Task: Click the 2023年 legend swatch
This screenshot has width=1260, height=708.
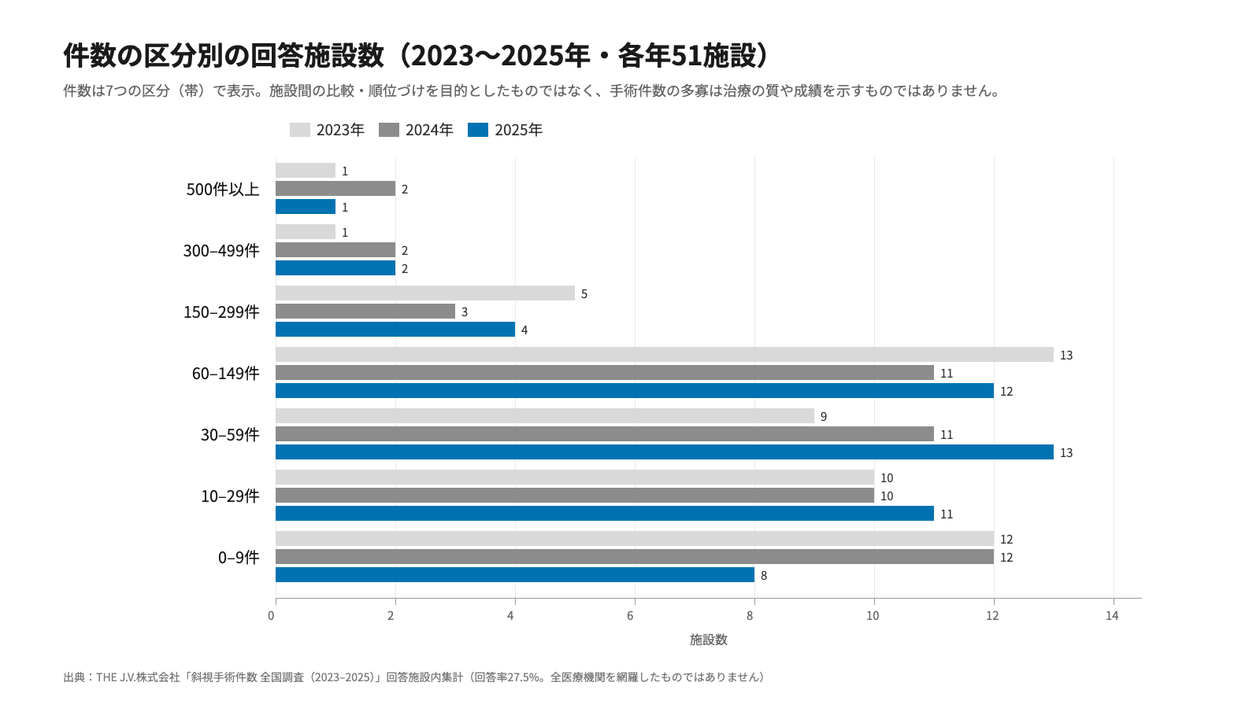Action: tap(300, 130)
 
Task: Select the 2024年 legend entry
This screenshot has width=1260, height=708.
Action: tap(416, 130)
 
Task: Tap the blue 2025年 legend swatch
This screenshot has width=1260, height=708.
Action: tap(478, 130)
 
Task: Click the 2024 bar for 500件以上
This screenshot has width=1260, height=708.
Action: tap(335, 189)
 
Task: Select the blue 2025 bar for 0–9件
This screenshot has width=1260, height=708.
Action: tap(515, 575)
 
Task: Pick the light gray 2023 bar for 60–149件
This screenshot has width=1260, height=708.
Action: tap(665, 355)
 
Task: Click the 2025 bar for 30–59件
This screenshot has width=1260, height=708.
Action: tap(665, 452)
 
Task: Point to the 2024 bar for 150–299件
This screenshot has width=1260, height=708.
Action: tap(365, 312)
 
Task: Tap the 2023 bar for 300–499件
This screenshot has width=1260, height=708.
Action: tap(306, 232)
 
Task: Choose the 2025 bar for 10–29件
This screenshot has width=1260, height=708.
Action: tap(605, 514)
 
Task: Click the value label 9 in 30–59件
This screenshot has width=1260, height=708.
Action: tap(824, 416)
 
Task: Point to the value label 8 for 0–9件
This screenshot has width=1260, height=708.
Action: tap(764, 575)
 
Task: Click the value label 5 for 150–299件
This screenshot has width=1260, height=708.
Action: tap(584, 294)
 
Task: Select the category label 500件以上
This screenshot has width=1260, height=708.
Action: tap(223, 190)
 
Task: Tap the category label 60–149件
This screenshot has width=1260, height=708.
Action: tap(225, 373)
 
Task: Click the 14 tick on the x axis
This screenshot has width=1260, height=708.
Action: tap(1112, 616)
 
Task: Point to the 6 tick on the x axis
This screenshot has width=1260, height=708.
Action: tap(630, 616)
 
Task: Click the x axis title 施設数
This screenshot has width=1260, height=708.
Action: tap(709, 640)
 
